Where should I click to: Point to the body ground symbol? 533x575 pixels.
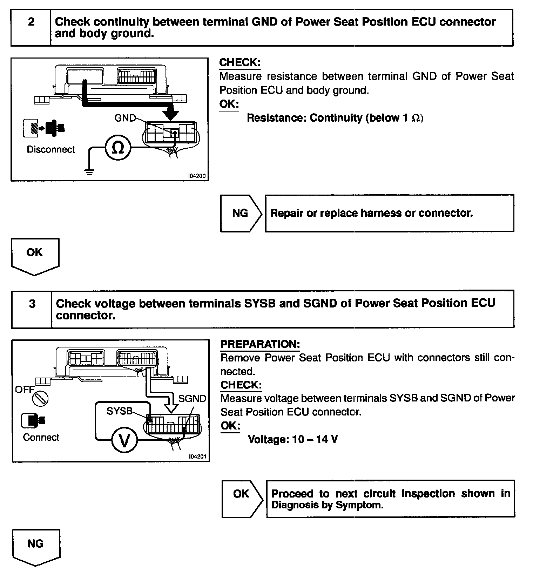[89, 171]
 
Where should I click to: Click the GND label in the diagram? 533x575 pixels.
[125, 118]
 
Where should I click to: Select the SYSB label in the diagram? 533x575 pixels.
[120, 411]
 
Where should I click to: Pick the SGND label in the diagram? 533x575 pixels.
[192, 399]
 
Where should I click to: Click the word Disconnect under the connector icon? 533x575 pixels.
[51, 150]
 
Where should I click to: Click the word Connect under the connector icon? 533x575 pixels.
[41, 438]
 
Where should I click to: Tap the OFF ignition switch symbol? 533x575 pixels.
[40, 399]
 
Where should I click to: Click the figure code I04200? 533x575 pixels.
[197, 176]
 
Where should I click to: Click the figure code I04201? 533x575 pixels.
[197, 456]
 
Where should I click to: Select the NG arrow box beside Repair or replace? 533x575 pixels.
[241, 213]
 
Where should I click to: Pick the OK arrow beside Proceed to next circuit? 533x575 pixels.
[242, 498]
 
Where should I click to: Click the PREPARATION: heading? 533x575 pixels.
[260, 344]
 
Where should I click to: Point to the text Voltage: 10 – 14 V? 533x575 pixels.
[293, 439]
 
